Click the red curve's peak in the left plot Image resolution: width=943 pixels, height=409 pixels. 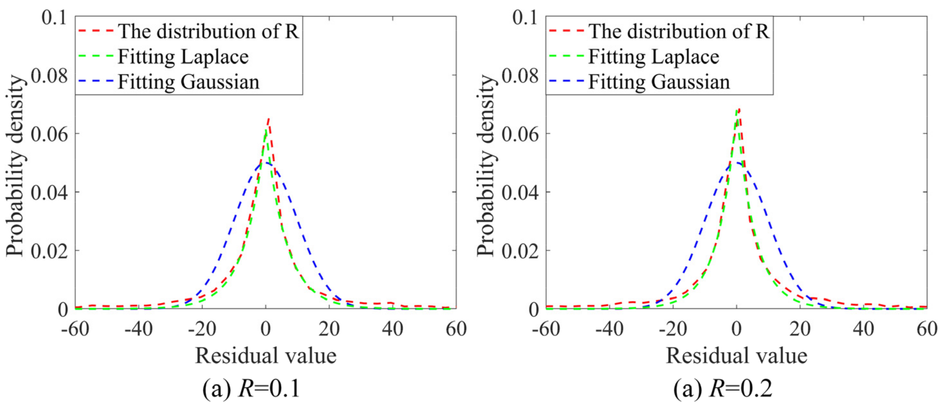(x=268, y=119)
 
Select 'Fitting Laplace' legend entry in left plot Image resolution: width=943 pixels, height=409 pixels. (x=183, y=57)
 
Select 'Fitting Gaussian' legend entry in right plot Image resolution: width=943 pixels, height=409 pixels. (x=659, y=82)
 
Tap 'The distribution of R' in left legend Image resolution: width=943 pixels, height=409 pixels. (x=208, y=32)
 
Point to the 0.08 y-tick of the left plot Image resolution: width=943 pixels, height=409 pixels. (x=49, y=76)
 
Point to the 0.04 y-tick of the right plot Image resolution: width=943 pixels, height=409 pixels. (x=520, y=193)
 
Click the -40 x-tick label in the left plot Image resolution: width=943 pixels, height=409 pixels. (x=138, y=329)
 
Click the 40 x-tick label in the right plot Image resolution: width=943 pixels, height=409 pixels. (x=863, y=329)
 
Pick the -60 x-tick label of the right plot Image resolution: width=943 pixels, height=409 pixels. (x=546, y=329)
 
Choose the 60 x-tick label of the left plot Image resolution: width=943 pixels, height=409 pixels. (x=456, y=329)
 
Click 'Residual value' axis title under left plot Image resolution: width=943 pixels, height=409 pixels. (x=266, y=356)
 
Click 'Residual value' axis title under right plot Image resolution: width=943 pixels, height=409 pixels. (x=736, y=356)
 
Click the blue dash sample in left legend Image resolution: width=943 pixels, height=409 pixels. (x=96, y=82)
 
